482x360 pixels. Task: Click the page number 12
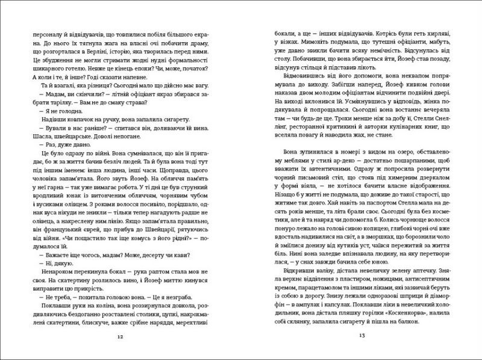click(121, 336)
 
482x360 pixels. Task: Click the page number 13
click(363, 336)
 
